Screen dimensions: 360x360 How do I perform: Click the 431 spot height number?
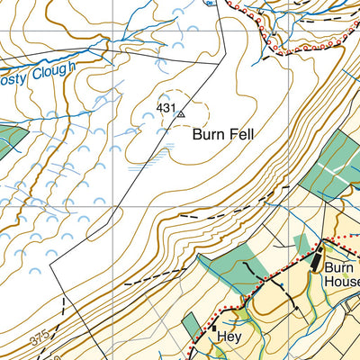166,108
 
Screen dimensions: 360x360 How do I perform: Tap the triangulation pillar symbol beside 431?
181,114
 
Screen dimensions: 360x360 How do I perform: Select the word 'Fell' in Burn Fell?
241,134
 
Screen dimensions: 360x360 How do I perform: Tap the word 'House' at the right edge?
342,282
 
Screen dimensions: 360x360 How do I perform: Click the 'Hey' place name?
229,337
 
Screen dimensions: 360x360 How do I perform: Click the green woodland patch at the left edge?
10,139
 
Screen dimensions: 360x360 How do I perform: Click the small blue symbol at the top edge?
209,4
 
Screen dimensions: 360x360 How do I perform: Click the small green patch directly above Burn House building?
303,243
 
